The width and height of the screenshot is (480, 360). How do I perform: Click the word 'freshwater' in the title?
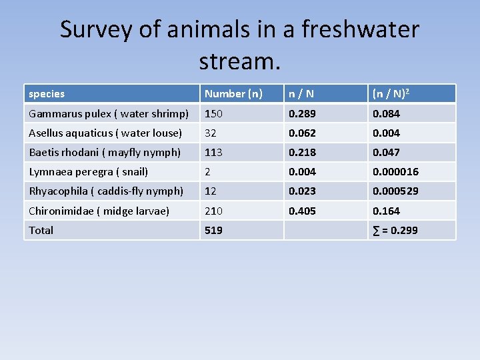[x=360, y=29]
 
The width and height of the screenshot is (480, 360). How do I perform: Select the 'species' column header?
[x=47, y=94]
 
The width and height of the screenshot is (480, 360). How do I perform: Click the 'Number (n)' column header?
[x=233, y=94]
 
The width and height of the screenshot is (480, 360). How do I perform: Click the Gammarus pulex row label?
[x=109, y=113]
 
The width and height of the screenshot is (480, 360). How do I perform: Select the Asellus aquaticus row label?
[x=105, y=133]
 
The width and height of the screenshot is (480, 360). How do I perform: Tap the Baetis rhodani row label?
[x=105, y=152]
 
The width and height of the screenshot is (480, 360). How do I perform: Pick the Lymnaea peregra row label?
[x=88, y=171]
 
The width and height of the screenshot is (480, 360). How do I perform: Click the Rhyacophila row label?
[x=106, y=191]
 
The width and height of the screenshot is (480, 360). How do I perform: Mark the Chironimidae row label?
[x=99, y=211]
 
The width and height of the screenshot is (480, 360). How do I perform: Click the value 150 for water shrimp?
[x=214, y=113]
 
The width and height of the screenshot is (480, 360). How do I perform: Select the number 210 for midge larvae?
[x=214, y=211]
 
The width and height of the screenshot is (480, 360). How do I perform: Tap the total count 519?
[x=214, y=230]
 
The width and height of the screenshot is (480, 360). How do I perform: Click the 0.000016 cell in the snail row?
[x=395, y=171]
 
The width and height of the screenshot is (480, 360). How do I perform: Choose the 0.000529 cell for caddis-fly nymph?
[x=395, y=191]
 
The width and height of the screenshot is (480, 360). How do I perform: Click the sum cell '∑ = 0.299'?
[x=395, y=230]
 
